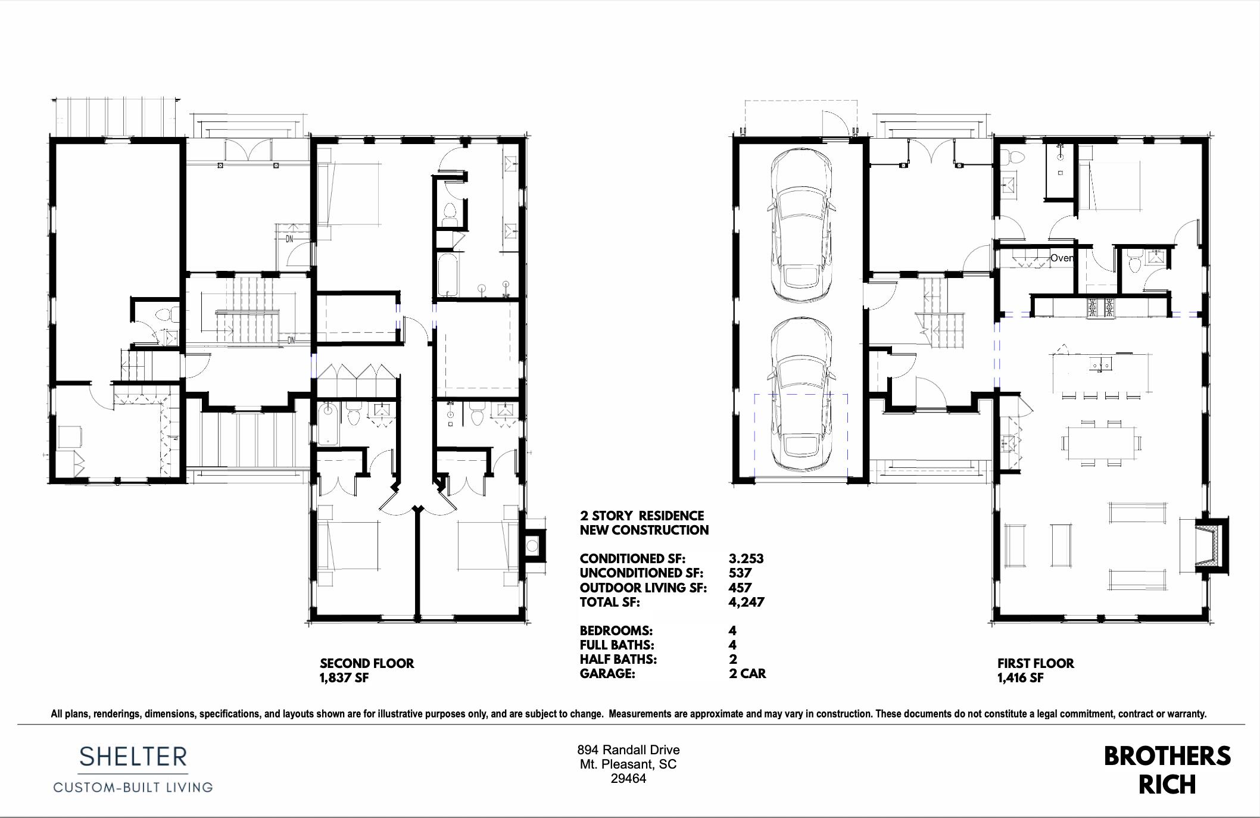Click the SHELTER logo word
point(133,757)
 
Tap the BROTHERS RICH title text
point(1167,770)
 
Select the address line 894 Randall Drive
point(628,750)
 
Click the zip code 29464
point(628,779)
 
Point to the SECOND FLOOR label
point(367,663)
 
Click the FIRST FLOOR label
point(1036,663)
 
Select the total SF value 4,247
point(746,602)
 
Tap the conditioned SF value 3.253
point(746,558)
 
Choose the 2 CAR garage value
point(747,673)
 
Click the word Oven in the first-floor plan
point(1062,258)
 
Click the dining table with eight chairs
point(1101,442)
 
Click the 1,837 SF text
point(344,677)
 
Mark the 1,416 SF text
point(1020,677)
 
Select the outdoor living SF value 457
point(740,588)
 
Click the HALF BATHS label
point(618,659)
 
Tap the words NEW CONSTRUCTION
point(644,530)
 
